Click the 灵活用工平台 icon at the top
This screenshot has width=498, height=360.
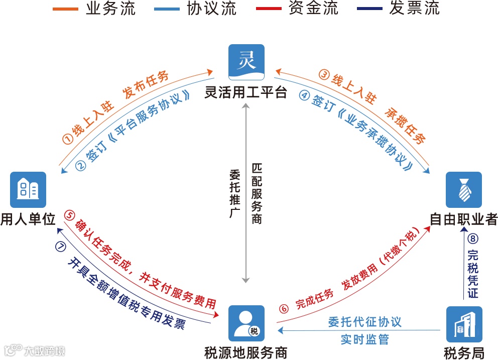click(x=246, y=62)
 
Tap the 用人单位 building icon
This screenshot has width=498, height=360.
click(x=28, y=190)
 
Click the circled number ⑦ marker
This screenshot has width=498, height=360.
click(x=61, y=247)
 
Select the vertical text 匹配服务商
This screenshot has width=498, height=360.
click(x=257, y=194)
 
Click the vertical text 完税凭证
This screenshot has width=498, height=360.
click(x=472, y=274)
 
